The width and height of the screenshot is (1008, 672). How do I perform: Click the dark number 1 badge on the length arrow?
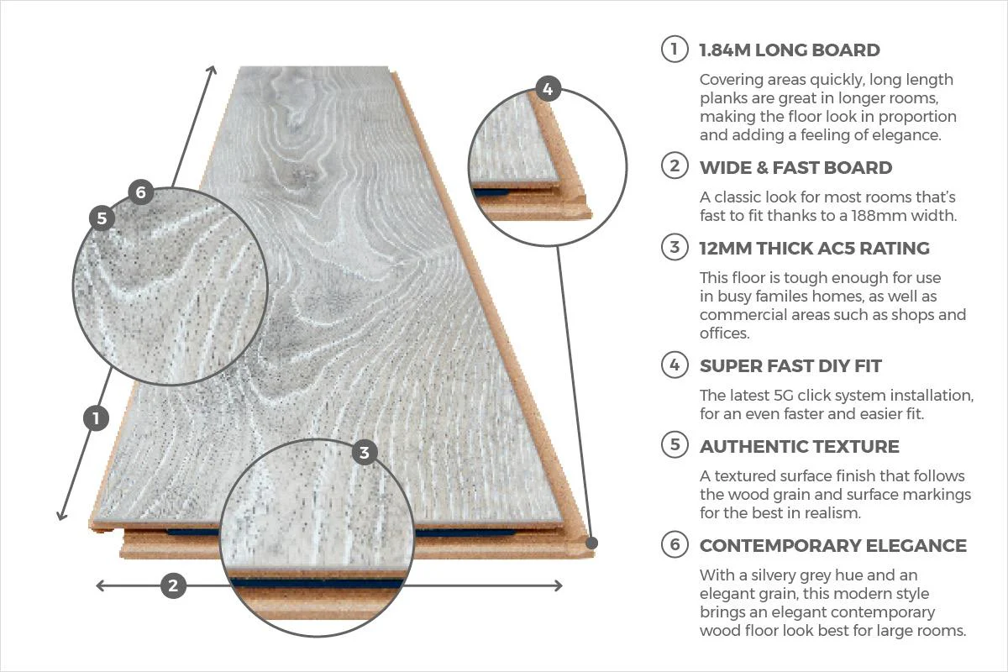point(97,417)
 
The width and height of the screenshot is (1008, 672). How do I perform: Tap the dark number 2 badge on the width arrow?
point(173,585)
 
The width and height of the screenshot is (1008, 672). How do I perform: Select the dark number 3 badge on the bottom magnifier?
point(364,453)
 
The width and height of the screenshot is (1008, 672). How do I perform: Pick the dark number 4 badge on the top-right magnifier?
point(548,88)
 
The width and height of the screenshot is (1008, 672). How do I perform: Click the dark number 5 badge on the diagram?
point(102,218)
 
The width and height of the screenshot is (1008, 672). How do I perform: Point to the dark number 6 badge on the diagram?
point(140,192)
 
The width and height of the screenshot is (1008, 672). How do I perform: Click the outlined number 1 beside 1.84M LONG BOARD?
point(675,50)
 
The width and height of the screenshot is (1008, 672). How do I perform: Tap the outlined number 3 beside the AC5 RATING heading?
point(675,248)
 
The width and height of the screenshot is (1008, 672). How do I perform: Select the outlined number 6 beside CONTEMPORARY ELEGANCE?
point(675,545)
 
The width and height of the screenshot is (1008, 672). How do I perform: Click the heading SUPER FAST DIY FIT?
point(790,366)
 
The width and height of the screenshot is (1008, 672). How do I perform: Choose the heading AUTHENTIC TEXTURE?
point(799,446)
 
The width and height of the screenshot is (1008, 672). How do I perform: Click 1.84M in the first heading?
point(726,50)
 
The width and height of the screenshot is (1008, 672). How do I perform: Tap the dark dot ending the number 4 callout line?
point(591,543)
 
